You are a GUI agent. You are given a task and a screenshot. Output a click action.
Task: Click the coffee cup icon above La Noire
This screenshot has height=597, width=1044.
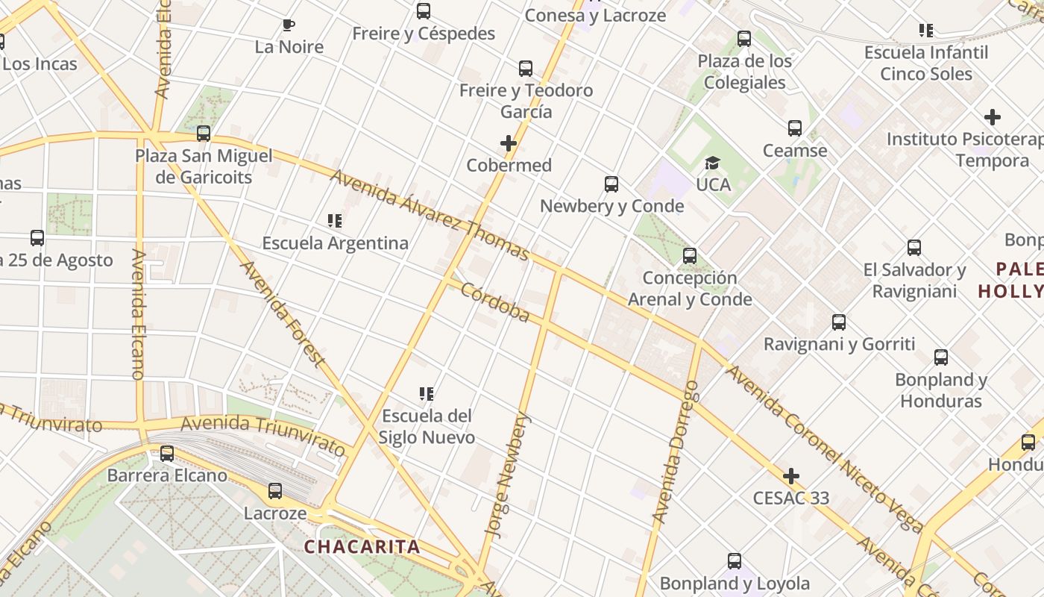[x=289, y=25]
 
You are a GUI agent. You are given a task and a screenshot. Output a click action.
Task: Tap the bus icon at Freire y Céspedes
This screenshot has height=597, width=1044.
[x=424, y=11]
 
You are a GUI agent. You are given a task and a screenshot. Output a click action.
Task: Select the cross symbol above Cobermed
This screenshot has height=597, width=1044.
[x=509, y=143]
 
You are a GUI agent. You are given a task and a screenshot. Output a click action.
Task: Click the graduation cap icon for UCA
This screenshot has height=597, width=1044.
[x=713, y=163]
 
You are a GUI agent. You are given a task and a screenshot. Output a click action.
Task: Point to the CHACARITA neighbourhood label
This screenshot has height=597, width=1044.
[x=362, y=546]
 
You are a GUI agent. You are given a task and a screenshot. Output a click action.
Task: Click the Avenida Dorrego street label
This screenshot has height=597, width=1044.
[x=675, y=451]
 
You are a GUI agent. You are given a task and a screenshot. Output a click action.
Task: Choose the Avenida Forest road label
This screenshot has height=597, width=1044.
[x=283, y=313]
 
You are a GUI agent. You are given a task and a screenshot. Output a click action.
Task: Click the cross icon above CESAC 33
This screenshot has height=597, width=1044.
[x=791, y=476]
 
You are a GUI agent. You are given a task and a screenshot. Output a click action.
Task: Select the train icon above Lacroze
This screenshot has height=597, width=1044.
[x=275, y=491]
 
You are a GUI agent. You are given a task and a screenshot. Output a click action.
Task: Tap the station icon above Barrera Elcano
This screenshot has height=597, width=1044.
[x=167, y=454]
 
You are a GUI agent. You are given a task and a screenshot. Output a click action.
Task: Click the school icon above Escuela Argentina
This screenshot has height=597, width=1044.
[x=335, y=221]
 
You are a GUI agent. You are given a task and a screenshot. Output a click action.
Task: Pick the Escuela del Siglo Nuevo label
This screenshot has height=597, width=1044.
[x=427, y=426]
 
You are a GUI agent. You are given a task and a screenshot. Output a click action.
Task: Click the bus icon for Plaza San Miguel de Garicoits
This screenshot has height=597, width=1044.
[x=204, y=134]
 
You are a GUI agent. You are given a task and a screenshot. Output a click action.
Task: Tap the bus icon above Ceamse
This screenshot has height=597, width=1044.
[x=795, y=128]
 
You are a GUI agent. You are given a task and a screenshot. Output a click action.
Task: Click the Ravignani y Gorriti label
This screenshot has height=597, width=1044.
[x=839, y=344]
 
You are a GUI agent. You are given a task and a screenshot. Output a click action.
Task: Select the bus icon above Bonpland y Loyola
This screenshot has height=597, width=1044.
[x=735, y=561]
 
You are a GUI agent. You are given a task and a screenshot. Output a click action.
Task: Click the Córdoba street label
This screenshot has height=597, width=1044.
[x=495, y=302]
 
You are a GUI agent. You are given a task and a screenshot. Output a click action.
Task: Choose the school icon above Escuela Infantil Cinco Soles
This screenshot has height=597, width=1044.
[x=926, y=31]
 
